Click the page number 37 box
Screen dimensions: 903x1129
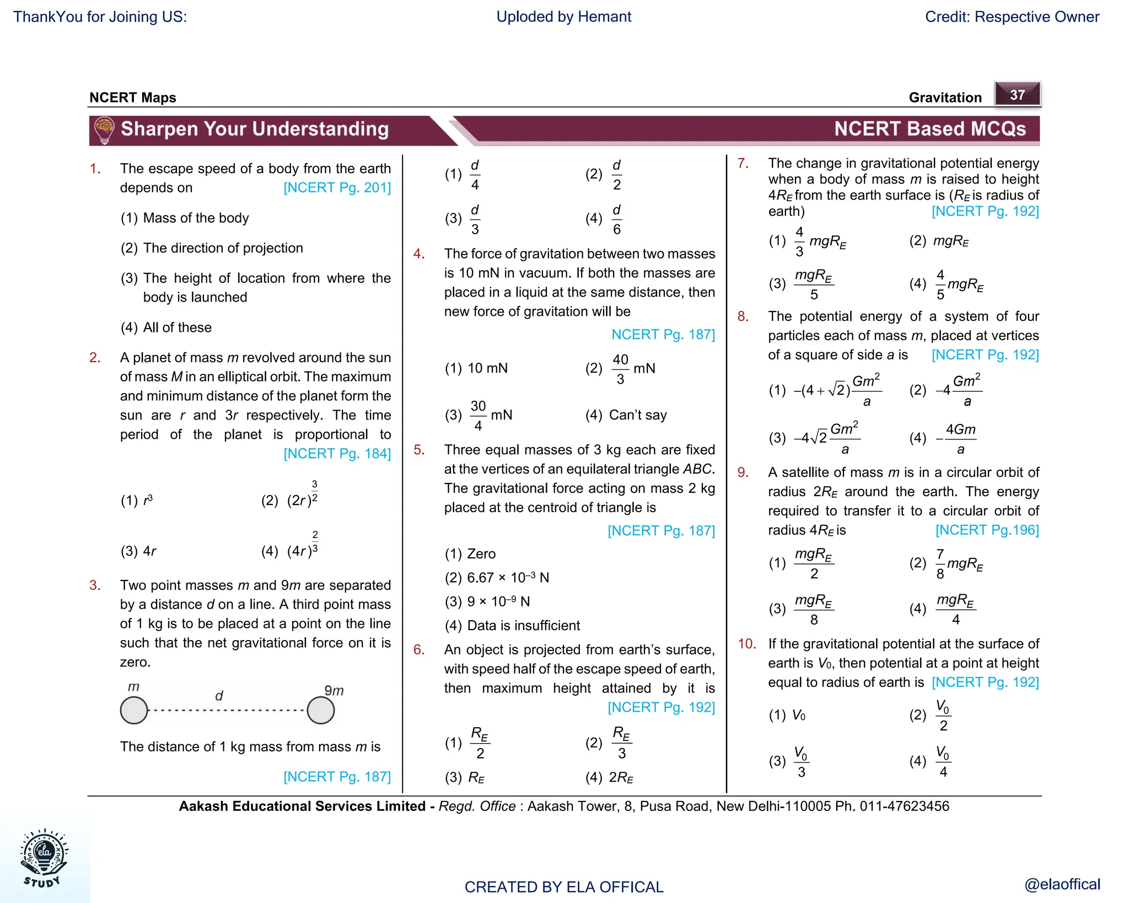pyautogui.click(x=1017, y=94)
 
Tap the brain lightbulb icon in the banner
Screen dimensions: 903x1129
pyautogui.click(x=104, y=130)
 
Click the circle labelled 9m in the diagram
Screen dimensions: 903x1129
pyautogui.click(x=321, y=710)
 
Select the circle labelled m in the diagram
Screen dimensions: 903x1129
pyautogui.click(x=134, y=710)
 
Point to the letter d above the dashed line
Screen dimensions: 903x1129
pyautogui.click(x=219, y=696)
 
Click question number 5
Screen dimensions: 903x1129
pyautogui.click(x=419, y=450)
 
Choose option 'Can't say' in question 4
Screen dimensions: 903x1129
pyautogui.click(x=637, y=415)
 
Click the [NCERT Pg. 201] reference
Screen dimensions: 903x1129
pyautogui.click(x=337, y=188)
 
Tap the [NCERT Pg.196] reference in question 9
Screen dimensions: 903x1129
pyautogui.click(x=987, y=530)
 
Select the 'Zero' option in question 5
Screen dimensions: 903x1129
pyautogui.click(x=481, y=554)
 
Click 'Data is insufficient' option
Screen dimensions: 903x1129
pyautogui.click(x=523, y=626)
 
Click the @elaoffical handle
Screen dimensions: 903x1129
pyautogui.click(x=1062, y=884)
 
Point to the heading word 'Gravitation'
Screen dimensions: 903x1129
pyautogui.click(x=945, y=98)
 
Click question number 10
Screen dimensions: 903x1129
pyautogui.click(x=747, y=644)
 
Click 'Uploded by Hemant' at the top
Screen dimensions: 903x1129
pyautogui.click(x=563, y=17)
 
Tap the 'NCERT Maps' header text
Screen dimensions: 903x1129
pyautogui.click(x=133, y=98)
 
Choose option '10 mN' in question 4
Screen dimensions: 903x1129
pyautogui.click(x=487, y=368)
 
